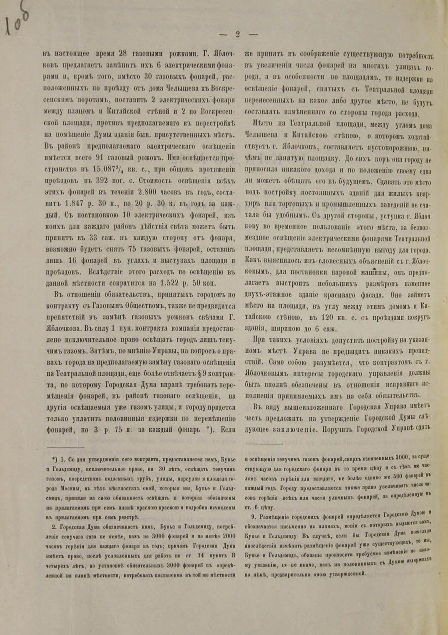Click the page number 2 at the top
[x=238, y=34]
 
